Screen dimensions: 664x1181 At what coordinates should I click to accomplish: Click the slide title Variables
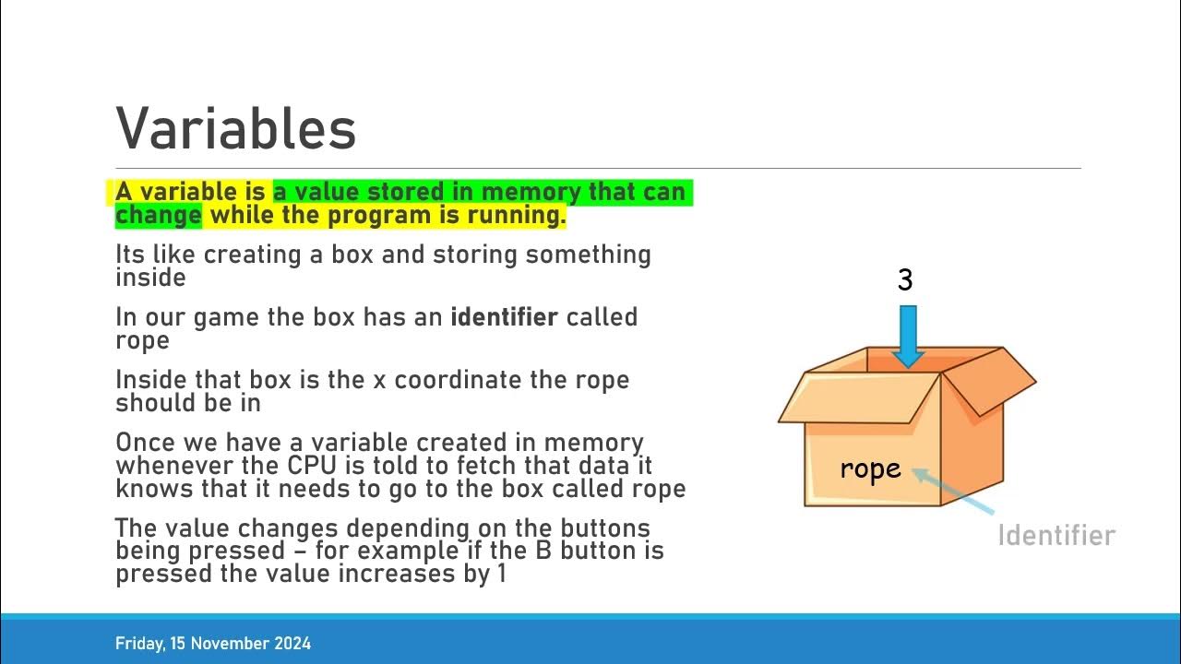[236, 128]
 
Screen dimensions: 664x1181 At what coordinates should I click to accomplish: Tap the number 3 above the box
[905, 280]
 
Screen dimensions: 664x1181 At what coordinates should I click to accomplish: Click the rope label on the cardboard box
[870, 468]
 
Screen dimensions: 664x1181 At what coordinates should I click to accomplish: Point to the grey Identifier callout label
[1056, 536]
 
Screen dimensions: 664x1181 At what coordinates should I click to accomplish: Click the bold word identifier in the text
[504, 317]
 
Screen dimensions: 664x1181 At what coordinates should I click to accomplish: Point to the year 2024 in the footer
[292, 644]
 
